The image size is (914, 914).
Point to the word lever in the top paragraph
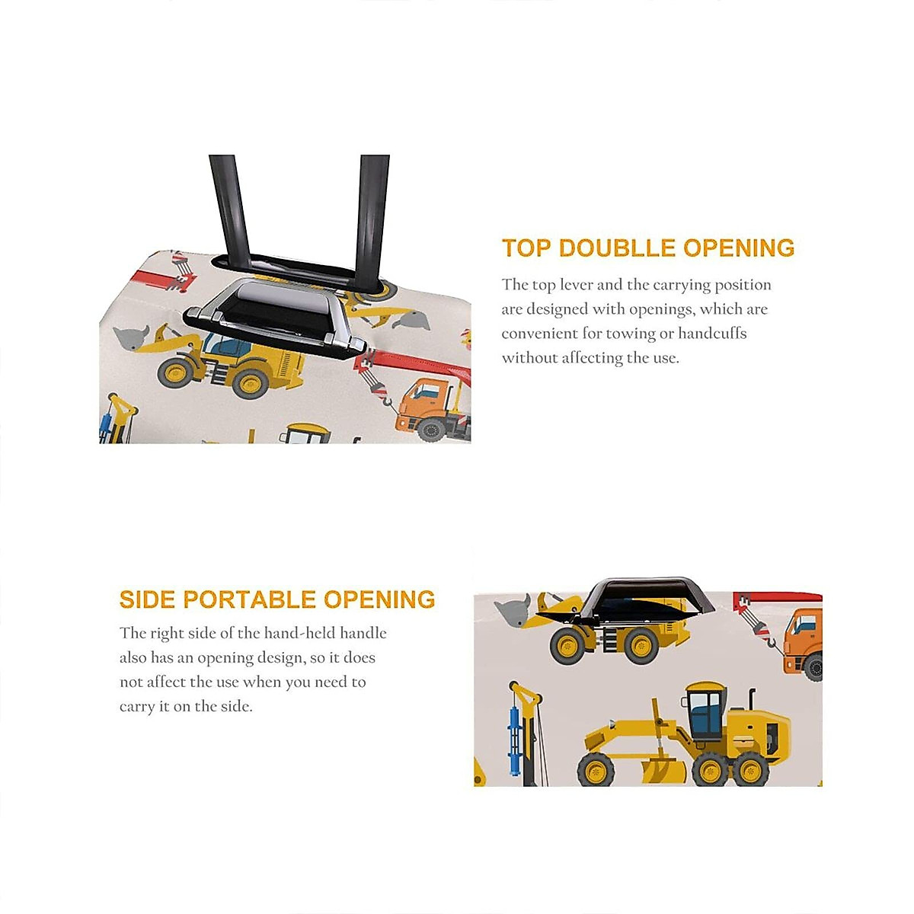576,285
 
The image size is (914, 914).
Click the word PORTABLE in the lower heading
250,599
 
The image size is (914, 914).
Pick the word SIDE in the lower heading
148,599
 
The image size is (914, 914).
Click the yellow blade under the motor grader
663,770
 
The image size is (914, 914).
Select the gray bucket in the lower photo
513,609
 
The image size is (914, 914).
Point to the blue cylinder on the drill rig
513,737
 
